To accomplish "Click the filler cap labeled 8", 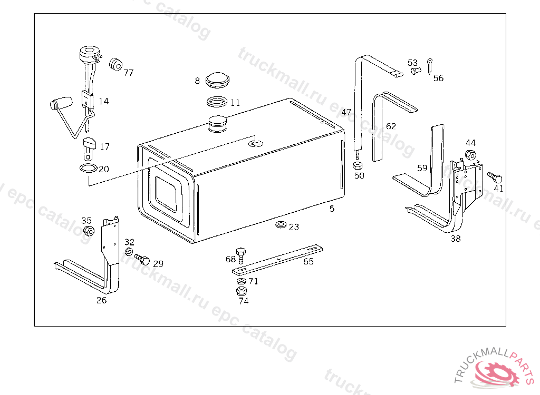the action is (217, 81).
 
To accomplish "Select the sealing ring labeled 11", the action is (217, 102).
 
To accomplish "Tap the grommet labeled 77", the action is (115, 64).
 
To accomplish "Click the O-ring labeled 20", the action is (89, 168).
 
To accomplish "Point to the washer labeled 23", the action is (281, 225).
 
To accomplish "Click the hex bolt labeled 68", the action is (240, 255).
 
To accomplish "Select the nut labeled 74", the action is (241, 291).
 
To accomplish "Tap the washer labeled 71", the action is (242, 281).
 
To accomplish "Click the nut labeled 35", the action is (89, 231).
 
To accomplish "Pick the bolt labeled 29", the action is (142, 259).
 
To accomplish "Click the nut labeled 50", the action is (358, 165).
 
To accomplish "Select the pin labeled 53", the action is (416, 71).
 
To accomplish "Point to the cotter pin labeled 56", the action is (429, 66).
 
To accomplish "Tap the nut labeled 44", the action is (470, 155).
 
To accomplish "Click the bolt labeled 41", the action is (495, 177).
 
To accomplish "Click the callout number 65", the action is (308, 262).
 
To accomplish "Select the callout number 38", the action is (455, 239).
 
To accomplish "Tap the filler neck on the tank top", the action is (218, 124).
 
